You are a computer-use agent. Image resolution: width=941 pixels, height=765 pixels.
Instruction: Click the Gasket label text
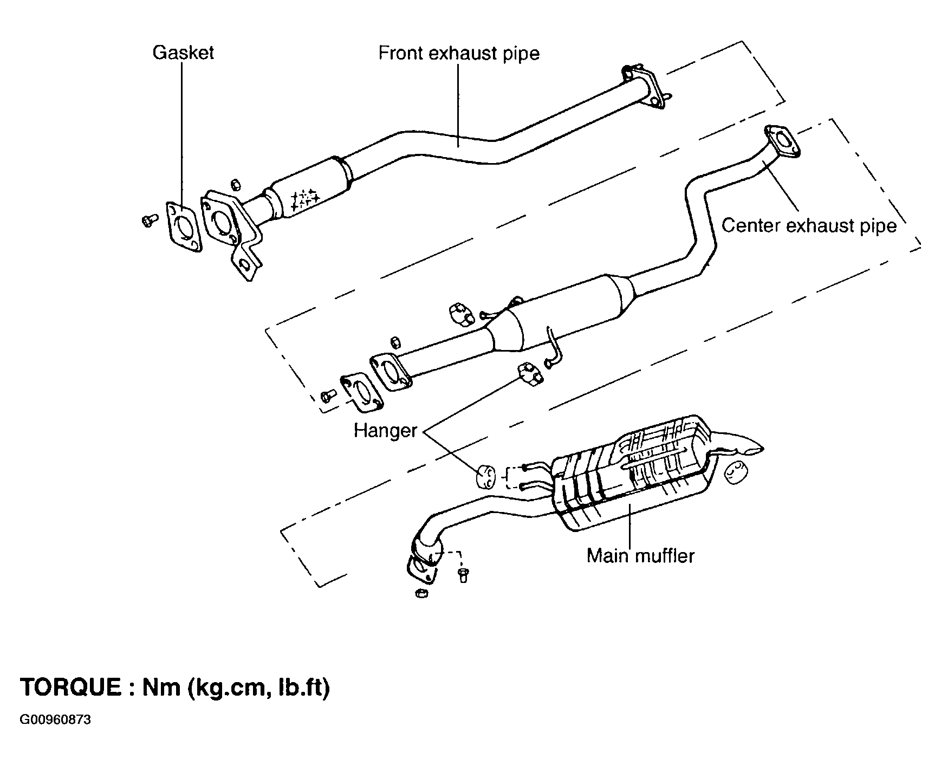point(183,53)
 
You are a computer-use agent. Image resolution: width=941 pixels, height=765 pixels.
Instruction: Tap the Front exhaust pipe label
point(459,54)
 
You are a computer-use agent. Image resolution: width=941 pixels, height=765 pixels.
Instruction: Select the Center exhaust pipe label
point(809,225)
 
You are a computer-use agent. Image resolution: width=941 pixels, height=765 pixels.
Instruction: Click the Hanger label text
point(385,431)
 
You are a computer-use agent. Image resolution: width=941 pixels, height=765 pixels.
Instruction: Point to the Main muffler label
point(640,556)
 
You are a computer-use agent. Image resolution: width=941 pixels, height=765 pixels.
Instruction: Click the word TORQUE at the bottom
point(70,687)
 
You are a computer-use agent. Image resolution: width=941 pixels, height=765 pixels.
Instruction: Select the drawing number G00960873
point(55,720)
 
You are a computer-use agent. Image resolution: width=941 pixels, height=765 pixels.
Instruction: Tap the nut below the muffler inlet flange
point(421,594)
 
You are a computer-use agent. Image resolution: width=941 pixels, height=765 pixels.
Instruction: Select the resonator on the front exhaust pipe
point(310,189)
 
